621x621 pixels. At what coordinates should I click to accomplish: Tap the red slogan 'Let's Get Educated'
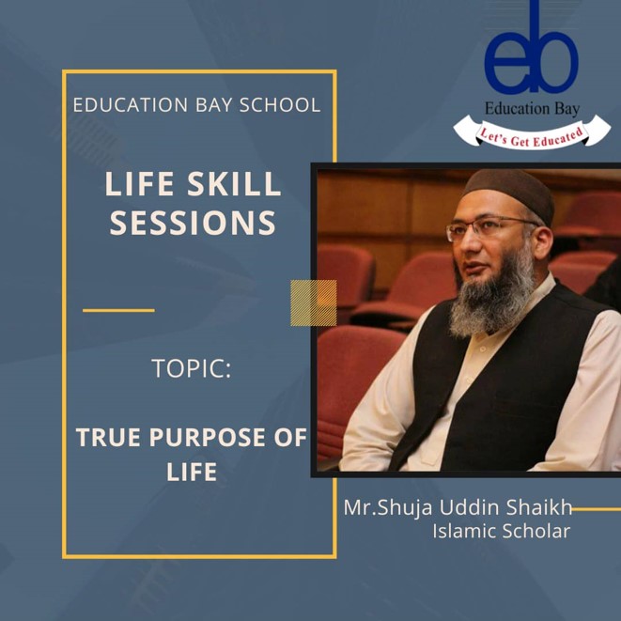tap(531, 137)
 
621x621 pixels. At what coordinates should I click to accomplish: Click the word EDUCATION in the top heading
tap(131, 105)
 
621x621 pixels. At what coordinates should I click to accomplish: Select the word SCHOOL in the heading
tap(280, 105)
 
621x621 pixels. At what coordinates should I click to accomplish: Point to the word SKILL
tap(234, 184)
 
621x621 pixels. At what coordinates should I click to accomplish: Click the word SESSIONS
tap(193, 222)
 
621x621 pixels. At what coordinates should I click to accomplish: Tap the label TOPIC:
tap(192, 368)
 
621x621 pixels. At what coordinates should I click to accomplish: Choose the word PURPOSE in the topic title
tap(207, 437)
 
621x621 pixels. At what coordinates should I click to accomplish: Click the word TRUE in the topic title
tap(108, 437)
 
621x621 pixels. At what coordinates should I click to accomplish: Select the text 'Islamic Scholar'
tap(502, 531)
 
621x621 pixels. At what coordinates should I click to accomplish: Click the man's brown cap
tap(511, 194)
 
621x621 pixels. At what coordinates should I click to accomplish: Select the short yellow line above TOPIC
tap(118, 310)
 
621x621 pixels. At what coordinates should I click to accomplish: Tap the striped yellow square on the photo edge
tap(313, 303)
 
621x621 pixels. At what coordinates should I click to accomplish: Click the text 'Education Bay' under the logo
tap(532, 109)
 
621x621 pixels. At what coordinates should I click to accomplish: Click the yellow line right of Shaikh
tap(597, 509)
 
